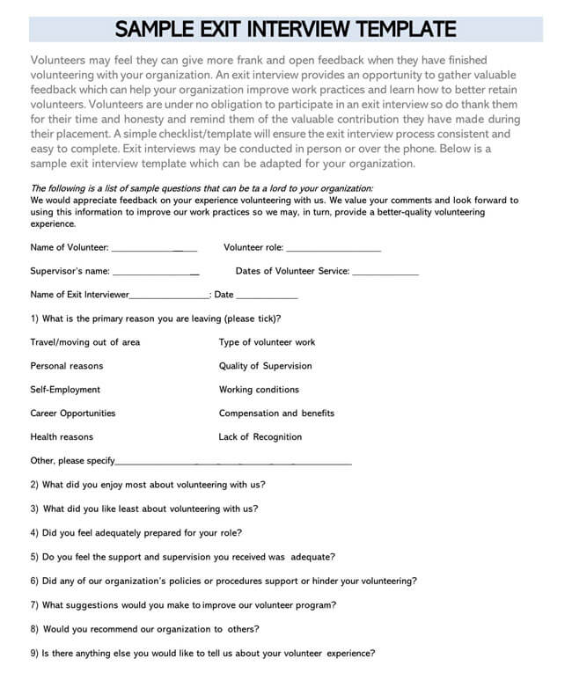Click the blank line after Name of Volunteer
coord(154,251)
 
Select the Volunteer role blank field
coord(334,251)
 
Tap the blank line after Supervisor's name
coord(156,274)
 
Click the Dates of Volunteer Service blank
coord(385,274)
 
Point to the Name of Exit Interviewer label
coord(79,295)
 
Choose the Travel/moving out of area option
coord(84,342)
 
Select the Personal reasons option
coord(66,366)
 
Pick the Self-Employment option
coord(65,390)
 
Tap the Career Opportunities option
coord(72,413)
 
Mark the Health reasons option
coord(62,437)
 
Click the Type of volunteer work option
coord(267,342)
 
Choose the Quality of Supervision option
coord(265,366)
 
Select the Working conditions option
coord(259,390)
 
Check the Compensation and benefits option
coord(276,413)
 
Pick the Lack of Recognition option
coord(260,437)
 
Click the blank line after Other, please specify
coord(233,463)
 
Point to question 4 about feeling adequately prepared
coord(136,532)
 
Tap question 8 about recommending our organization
coord(145,629)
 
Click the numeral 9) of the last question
coord(34,653)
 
